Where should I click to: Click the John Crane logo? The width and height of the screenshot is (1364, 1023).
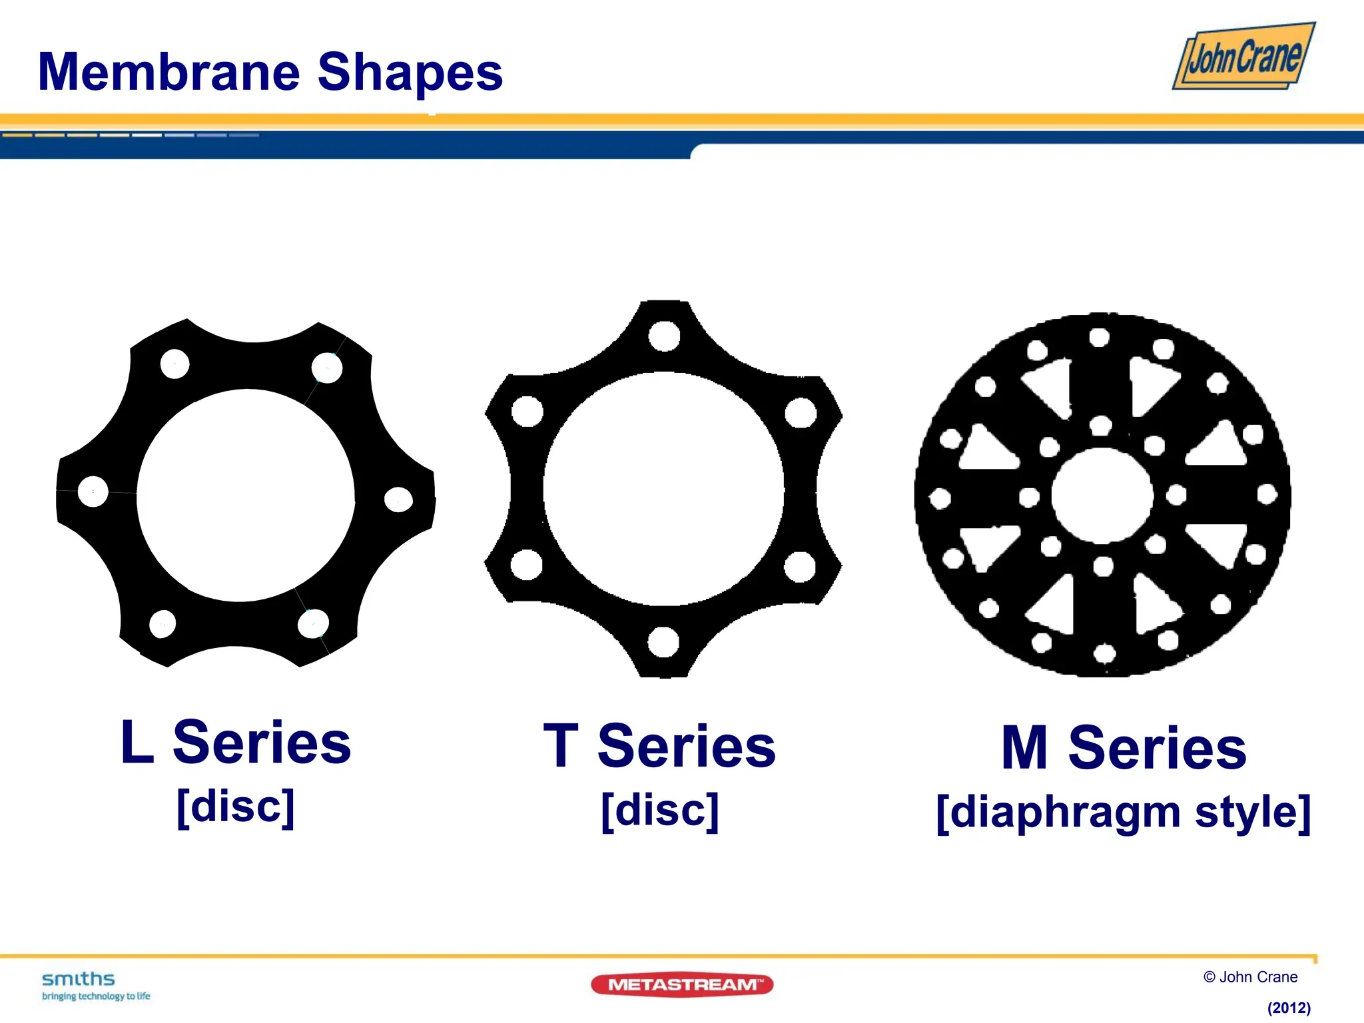coord(1243,57)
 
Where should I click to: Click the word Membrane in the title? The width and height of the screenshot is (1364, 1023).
coord(169,72)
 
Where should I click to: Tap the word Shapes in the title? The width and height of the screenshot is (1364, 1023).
coord(410,73)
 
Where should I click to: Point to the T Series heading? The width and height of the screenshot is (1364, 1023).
coord(659,746)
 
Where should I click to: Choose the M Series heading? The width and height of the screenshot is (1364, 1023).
coord(1124,748)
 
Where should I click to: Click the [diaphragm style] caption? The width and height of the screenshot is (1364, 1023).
coord(1124,812)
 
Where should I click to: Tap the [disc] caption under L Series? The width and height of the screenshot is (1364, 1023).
coord(236,806)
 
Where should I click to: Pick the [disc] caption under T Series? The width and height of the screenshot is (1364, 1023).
coord(659,810)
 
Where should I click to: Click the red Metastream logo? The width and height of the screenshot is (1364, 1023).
coord(682,984)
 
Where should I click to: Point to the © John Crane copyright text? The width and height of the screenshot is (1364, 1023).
coord(1250,977)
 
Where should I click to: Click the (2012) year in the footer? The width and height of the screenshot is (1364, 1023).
coord(1289,1008)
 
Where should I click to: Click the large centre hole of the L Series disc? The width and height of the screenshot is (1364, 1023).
coord(246,495)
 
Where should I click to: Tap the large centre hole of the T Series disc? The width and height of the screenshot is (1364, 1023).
coord(663,490)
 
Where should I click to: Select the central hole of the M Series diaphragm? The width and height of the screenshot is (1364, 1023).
coord(1102,495)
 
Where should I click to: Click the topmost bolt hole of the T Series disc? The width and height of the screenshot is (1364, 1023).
coord(664,335)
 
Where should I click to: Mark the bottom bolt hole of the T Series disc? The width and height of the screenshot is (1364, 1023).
coord(663,642)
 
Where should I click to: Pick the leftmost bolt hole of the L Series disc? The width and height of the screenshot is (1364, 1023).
coord(93,492)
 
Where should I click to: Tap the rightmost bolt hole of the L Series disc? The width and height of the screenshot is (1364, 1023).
coord(398,500)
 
